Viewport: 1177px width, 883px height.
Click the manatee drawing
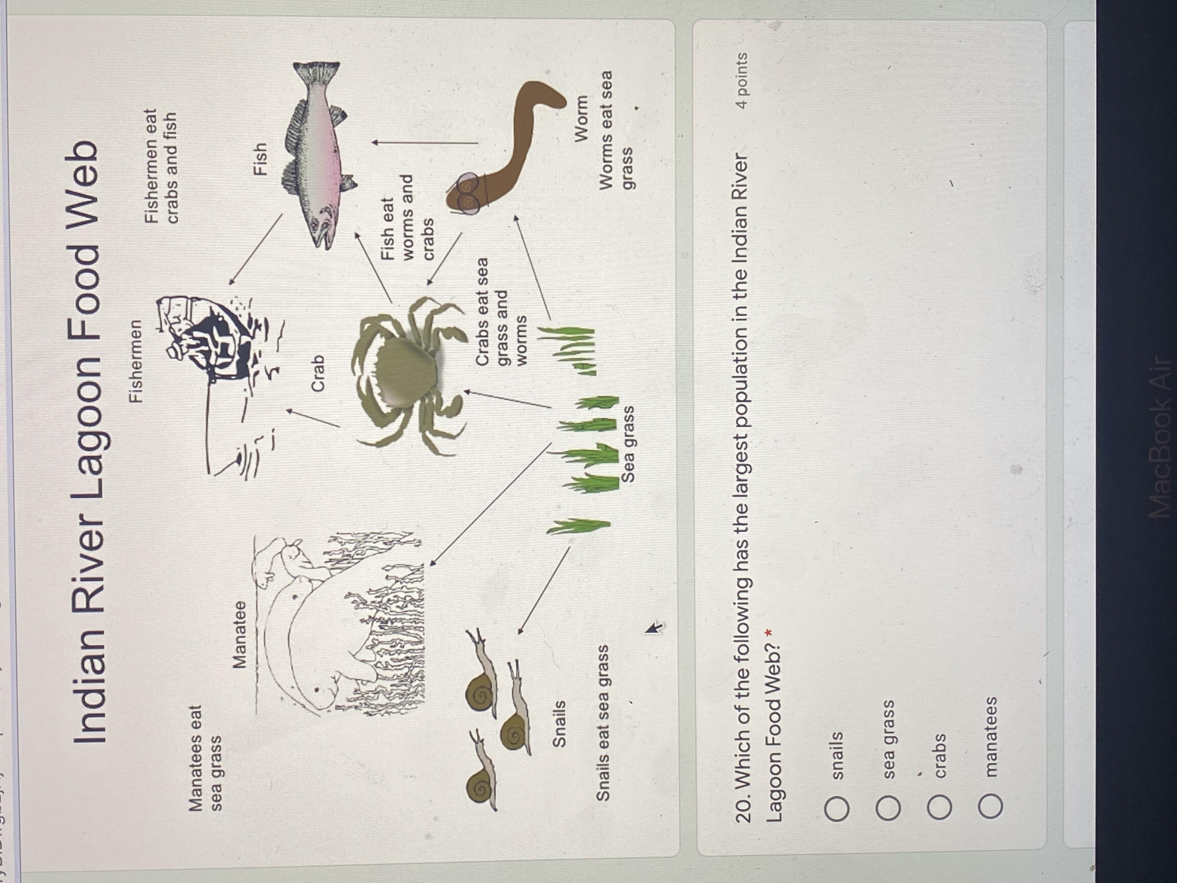[x=341, y=623]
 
